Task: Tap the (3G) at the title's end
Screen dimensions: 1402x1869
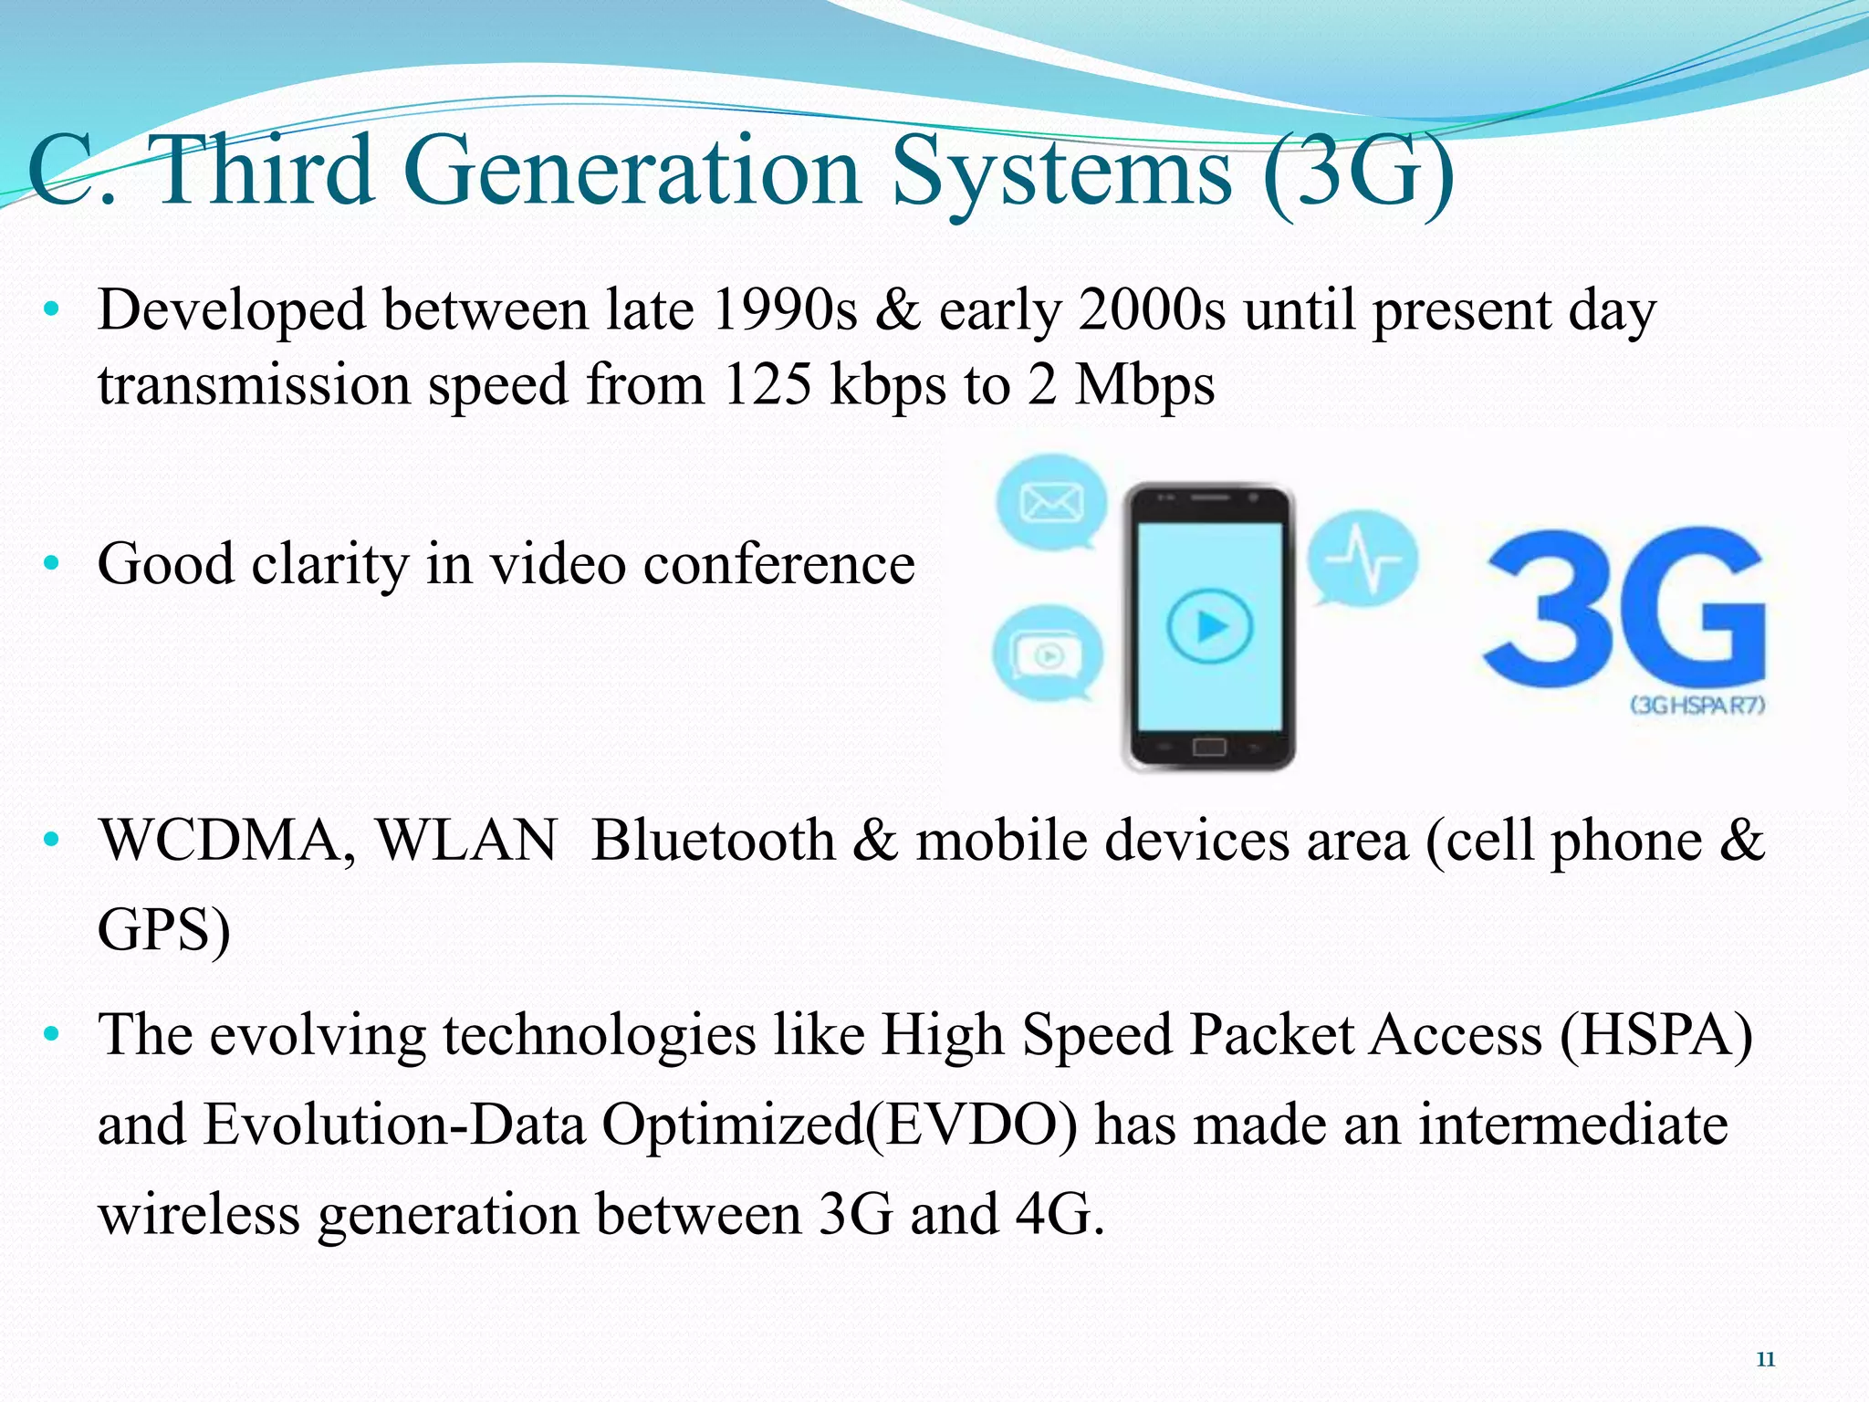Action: pyautogui.click(x=1360, y=171)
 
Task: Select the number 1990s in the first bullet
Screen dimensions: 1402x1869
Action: pyautogui.click(x=784, y=310)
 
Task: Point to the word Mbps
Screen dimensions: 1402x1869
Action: pyautogui.click(x=1144, y=386)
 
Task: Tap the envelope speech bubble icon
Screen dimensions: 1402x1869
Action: pyautogui.click(x=1051, y=502)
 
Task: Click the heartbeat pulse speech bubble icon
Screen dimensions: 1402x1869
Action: pyautogui.click(x=1363, y=557)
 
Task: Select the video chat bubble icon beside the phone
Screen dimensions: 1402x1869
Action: pyautogui.click(x=1048, y=654)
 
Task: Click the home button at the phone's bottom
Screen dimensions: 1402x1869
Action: pyautogui.click(x=1209, y=748)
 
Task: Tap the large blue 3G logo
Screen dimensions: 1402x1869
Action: pyautogui.click(x=1624, y=607)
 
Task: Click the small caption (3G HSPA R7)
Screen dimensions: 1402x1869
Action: pyautogui.click(x=1697, y=705)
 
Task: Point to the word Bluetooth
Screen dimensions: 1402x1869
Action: pyautogui.click(x=713, y=841)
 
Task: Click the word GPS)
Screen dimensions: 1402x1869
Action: pyautogui.click(x=164, y=930)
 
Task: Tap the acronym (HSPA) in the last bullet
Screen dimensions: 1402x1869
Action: pyautogui.click(x=1655, y=1035)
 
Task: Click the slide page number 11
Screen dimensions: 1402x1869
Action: pyautogui.click(x=1765, y=1359)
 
